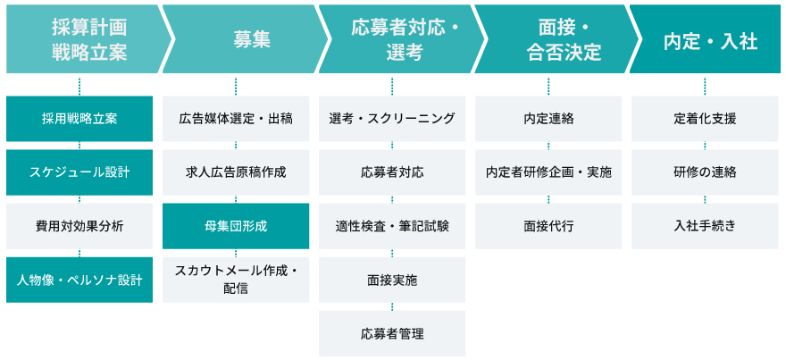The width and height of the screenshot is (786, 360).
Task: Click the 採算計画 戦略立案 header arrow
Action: (85, 39)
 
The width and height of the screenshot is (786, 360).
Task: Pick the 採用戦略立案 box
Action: (79, 119)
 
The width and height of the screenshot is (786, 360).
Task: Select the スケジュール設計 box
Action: (79, 172)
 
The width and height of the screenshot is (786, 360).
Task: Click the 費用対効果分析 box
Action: (79, 226)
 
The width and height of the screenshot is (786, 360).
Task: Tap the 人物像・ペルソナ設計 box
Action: (79, 280)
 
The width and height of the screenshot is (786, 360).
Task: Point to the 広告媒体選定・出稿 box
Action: (236, 119)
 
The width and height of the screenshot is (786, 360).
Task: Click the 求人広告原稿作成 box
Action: (236, 172)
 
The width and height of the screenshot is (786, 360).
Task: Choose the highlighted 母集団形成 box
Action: (236, 226)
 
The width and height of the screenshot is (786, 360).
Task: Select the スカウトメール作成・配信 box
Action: (236, 280)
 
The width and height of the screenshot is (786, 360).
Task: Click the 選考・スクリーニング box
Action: (392, 119)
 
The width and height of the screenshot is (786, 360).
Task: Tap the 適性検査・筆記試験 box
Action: (392, 226)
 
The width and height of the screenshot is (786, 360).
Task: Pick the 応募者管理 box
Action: (392, 333)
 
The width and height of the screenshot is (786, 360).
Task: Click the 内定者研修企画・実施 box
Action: (548, 172)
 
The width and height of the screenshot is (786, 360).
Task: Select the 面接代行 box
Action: (548, 226)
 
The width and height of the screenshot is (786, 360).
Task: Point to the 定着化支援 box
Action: (705, 119)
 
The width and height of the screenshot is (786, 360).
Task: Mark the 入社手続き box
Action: (705, 226)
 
